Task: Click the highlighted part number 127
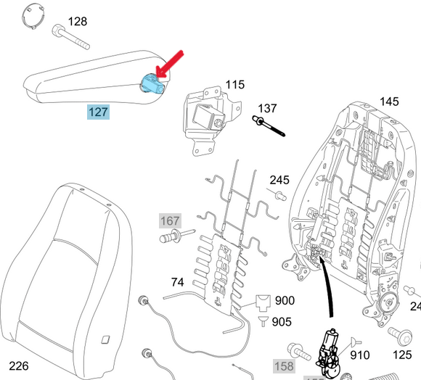coord(98,112)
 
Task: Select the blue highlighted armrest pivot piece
coord(152,84)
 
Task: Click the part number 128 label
coord(78,21)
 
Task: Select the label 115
coord(234,85)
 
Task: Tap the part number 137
coord(267,108)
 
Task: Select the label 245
coord(279,180)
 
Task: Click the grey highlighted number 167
coord(170,220)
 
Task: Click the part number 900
coord(285,300)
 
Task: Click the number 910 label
coord(360,355)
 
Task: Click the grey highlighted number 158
coord(283,365)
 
